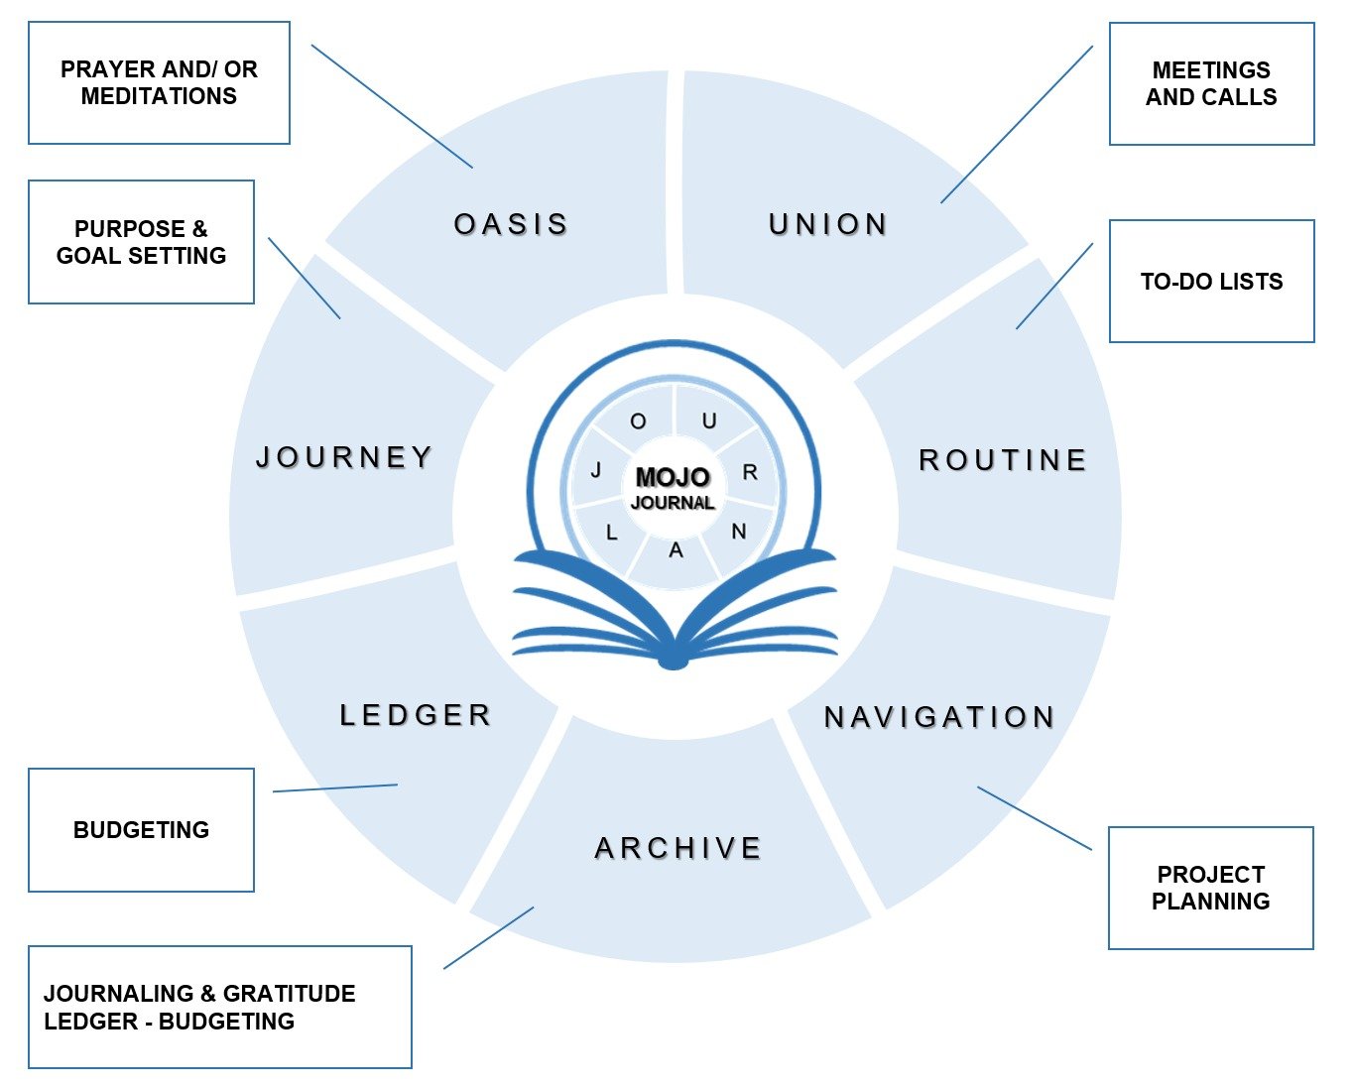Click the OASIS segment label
coord(511,225)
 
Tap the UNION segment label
coord(828,225)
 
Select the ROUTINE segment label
coord(1003,460)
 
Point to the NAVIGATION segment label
coord(939,717)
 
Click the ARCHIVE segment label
coord(678,848)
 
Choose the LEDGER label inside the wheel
coord(416,715)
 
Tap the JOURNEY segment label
coord(345,457)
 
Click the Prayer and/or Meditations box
coord(159,83)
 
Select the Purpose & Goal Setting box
coord(141,242)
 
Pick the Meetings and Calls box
coord(1211,84)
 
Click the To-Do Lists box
coord(1211,282)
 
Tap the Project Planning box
coord(1210,888)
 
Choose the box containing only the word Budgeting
coord(141,830)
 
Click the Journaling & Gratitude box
coord(219,1007)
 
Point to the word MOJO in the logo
coord(673,478)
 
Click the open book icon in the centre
coord(674,615)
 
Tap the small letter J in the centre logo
coord(596,470)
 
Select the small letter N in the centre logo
coord(739,533)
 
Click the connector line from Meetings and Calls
coord(1017,124)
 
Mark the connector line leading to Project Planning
coord(1035,818)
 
